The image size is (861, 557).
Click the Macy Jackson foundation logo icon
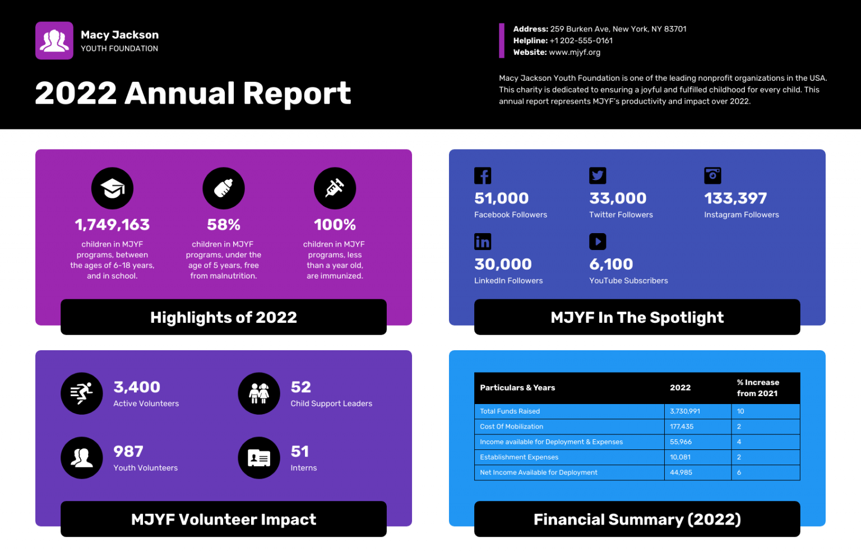click(x=54, y=41)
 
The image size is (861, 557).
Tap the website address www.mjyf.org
click(x=575, y=52)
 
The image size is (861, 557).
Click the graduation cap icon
click(x=112, y=188)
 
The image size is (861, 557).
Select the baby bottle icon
click(x=223, y=188)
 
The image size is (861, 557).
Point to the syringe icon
click(x=335, y=188)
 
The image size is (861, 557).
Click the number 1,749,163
click(x=112, y=225)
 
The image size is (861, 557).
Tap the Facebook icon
click(x=483, y=176)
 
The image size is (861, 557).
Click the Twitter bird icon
click(x=598, y=176)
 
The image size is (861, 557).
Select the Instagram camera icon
click(x=712, y=176)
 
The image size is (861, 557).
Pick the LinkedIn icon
click(x=483, y=242)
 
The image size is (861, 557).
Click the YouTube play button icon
click(x=598, y=242)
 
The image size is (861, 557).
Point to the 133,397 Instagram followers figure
click(x=735, y=198)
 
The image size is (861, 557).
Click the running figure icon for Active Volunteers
click(x=82, y=393)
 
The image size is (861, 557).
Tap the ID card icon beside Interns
click(x=259, y=458)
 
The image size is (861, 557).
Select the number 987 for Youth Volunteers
click(x=128, y=452)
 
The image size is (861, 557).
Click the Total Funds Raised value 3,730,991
click(x=685, y=411)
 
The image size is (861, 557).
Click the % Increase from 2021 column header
click(x=758, y=388)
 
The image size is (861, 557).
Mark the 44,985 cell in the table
click(x=681, y=472)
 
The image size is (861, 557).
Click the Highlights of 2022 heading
click(x=223, y=317)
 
